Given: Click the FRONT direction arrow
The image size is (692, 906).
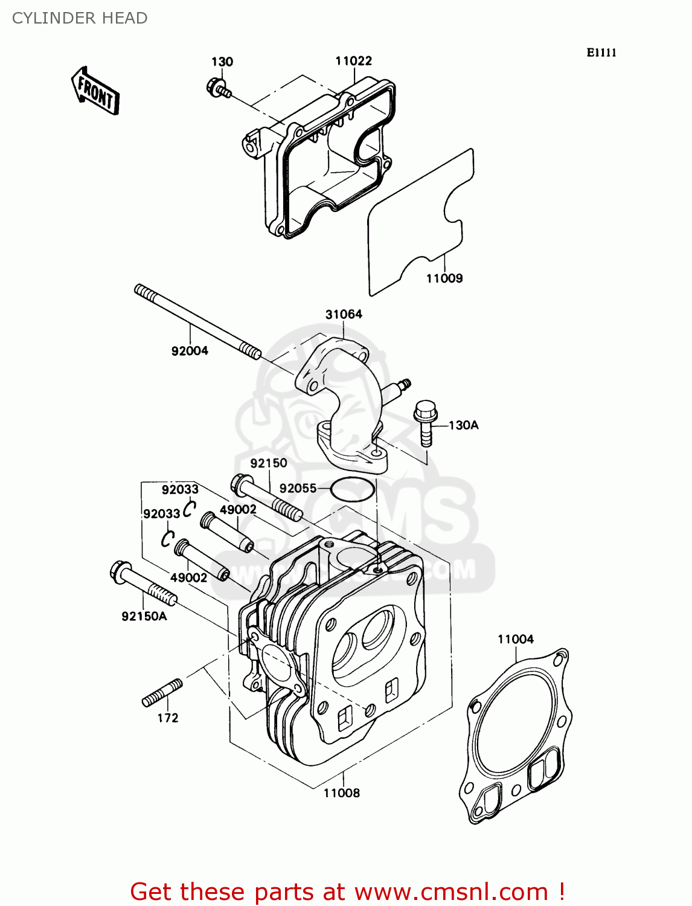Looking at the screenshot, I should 95,91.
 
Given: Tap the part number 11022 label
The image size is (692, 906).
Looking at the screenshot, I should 353,60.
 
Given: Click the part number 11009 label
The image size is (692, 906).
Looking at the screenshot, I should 444,278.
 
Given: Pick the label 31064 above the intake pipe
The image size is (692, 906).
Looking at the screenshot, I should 344,314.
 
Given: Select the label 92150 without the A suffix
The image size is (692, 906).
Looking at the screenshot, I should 269,463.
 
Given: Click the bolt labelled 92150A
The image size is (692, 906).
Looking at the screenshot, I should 143,583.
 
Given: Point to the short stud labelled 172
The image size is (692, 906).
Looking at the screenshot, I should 162,693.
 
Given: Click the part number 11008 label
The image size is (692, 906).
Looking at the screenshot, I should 342,793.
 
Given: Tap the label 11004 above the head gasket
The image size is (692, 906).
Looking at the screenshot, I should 516,639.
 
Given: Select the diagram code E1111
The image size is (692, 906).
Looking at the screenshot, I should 601,53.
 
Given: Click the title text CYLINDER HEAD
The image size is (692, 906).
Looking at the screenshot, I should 80,18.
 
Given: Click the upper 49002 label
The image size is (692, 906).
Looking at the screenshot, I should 238,510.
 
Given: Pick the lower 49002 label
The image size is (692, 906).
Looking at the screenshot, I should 188,578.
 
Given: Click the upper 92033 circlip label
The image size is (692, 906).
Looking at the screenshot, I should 180,489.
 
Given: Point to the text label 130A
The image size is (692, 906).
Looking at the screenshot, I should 464,425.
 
